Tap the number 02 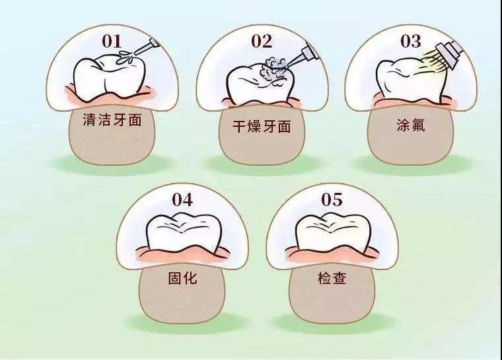click(x=261, y=42)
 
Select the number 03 click(x=410, y=42)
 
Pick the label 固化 click(x=183, y=278)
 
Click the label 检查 click(x=333, y=278)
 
